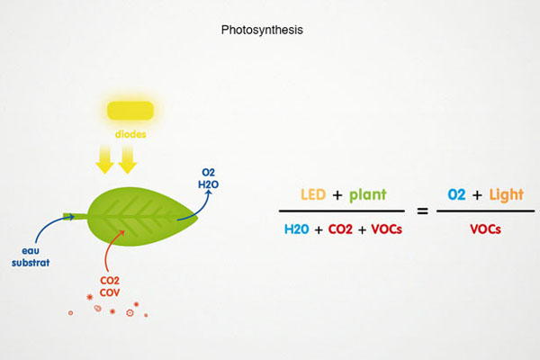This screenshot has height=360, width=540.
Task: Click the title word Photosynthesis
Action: [262, 30]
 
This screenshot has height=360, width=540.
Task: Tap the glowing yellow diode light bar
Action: [131, 112]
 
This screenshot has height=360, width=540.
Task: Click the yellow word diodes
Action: [131, 135]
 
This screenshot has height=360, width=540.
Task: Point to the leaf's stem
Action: [75, 216]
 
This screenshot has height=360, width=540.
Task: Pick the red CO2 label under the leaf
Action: [111, 280]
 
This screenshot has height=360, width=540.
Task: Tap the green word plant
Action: [367, 194]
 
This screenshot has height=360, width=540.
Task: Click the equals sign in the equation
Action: [421, 211]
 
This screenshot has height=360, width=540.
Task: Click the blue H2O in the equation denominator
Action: [298, 229]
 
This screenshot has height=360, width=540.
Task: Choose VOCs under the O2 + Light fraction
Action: [485, 229]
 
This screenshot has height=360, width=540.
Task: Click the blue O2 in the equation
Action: [460, 194]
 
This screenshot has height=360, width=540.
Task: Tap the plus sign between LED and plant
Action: [338, 195]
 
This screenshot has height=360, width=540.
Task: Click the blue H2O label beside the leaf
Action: [207, 183]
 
